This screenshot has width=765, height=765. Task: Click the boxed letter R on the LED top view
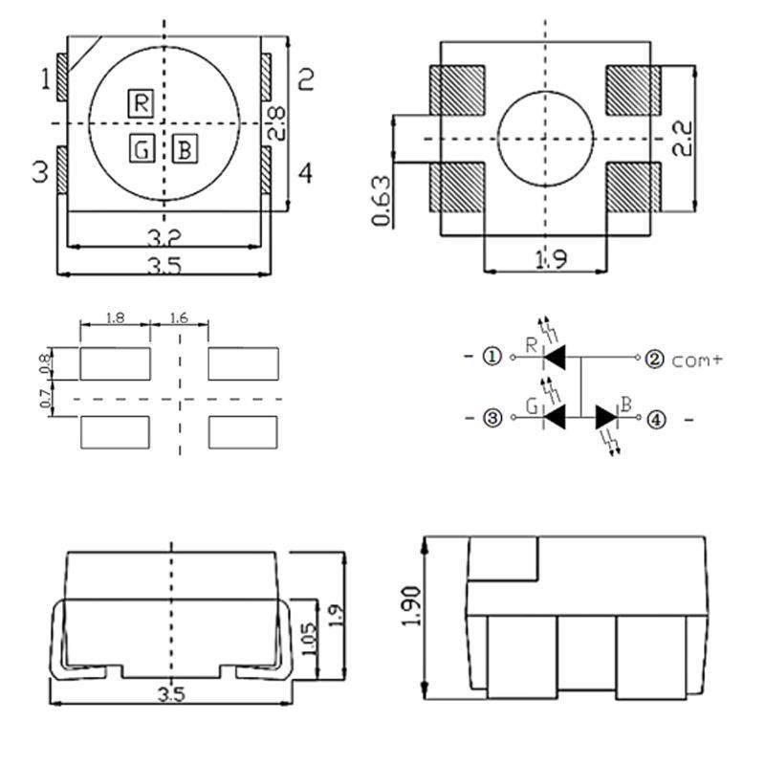point(141,102)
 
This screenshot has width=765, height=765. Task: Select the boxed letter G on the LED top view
point(141,148)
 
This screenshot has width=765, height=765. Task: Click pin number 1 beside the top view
point(45,78)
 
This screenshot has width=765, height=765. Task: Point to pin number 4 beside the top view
point(305,174)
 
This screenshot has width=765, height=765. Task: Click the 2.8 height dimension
point(275,124)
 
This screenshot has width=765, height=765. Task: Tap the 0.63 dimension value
point(381,201)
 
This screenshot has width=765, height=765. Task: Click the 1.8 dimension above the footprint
point(115,318)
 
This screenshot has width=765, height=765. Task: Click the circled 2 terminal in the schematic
point(655,359)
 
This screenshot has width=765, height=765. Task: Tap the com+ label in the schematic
point(698,361)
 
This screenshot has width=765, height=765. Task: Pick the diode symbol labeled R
point(555,358)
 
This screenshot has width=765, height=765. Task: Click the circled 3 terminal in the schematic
point(492,418)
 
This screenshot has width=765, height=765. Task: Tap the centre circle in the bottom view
point(546,139)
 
